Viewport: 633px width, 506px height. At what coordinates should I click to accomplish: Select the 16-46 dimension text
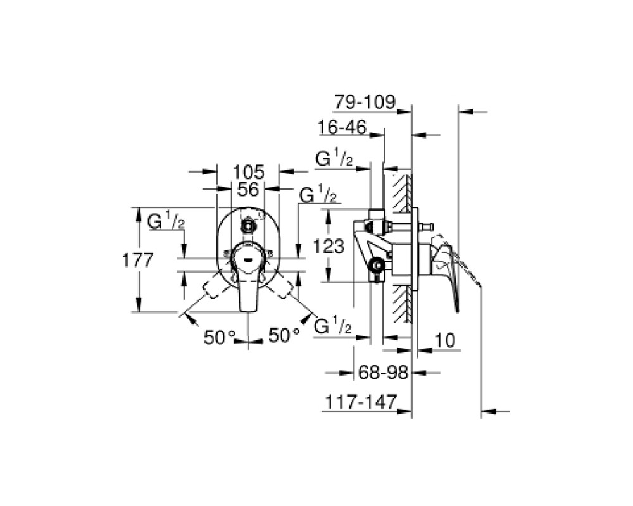point(342,128)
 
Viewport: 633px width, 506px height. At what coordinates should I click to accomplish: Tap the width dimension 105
point(248,172)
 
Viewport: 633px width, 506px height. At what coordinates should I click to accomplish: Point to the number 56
point(248,189)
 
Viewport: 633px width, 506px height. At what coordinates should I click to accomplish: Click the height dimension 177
point(137,260)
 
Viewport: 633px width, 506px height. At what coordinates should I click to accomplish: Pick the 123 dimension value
point(329,246)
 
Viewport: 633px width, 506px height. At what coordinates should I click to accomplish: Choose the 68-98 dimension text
point(383,373)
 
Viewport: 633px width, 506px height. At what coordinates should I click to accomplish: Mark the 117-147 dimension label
point(361,402)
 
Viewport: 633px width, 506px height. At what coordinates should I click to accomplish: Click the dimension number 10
point(444,340)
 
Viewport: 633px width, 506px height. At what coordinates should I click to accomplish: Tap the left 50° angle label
point(220,337)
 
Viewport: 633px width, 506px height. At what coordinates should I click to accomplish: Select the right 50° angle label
point(284,335)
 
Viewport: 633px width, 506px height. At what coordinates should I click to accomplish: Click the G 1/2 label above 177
point(166,221)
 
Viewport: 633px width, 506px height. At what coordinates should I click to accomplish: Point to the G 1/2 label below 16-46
point(334,159)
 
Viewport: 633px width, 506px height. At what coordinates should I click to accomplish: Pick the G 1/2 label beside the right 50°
point(332,326)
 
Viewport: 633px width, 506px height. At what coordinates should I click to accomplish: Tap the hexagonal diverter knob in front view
point(247,227)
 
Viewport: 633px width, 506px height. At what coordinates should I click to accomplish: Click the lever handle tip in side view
point(457,310)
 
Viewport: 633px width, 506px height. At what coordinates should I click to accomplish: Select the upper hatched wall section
point(402,194)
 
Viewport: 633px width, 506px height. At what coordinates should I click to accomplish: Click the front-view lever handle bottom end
point(248,311)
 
